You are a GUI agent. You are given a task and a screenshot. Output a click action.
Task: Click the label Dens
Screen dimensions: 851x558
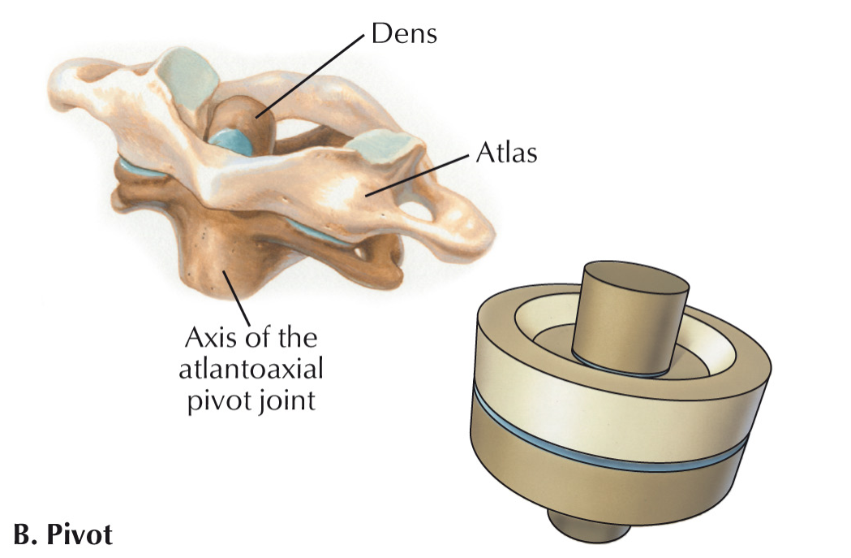(x=403, y=35)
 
